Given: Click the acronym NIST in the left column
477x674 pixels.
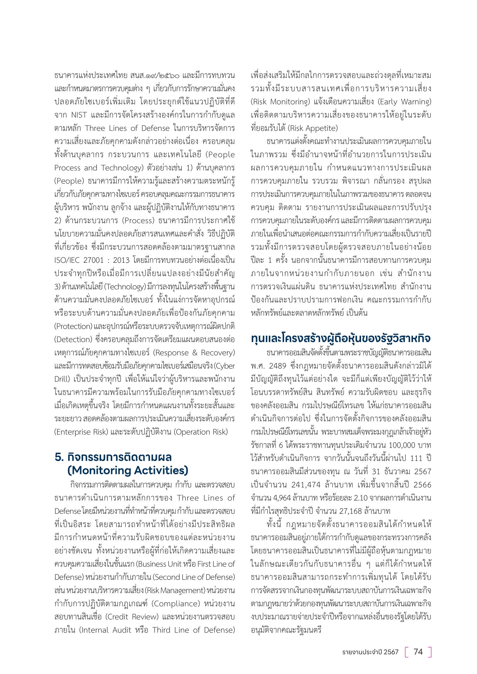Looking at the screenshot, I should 79,115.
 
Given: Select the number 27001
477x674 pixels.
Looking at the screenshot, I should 93,260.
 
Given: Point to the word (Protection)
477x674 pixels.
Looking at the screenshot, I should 74,326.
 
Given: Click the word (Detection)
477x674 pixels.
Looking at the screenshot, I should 73,340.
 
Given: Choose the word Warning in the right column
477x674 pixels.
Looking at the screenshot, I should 416,102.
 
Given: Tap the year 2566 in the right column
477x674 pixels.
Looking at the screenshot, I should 422,485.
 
